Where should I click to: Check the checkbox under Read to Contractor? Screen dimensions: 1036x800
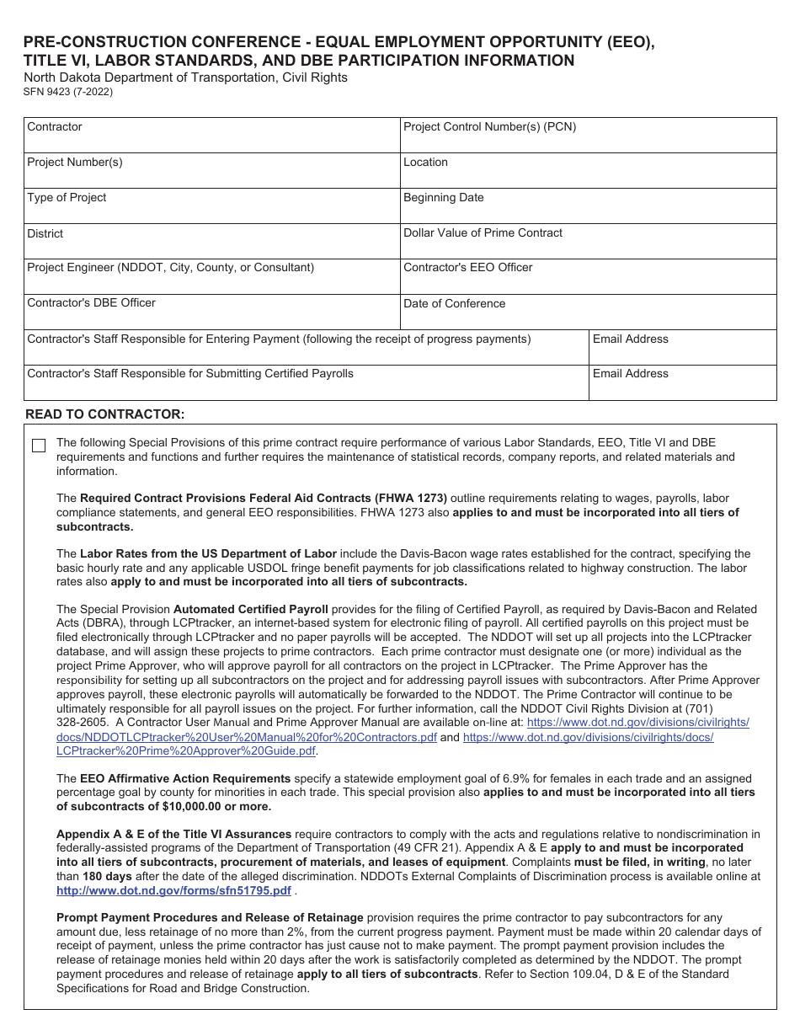[39, 446]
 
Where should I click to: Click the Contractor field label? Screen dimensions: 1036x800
[55, 127]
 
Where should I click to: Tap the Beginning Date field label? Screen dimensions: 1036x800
[443, 198]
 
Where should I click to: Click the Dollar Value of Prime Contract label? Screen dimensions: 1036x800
[483, 233]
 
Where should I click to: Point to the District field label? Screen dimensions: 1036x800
[45, 234]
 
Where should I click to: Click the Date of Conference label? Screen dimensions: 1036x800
[454, 304]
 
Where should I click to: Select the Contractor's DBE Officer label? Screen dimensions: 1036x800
[91, 303]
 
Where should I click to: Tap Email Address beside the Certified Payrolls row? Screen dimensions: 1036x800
[630, 374]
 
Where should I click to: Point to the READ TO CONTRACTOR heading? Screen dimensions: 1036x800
[104, 414]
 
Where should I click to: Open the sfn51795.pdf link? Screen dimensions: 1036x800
[173, 890]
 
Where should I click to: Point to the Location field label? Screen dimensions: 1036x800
[425, 163]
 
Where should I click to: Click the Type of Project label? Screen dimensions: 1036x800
[67, 198]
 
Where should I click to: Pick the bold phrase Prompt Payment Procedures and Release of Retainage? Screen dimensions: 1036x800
[210, 918]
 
